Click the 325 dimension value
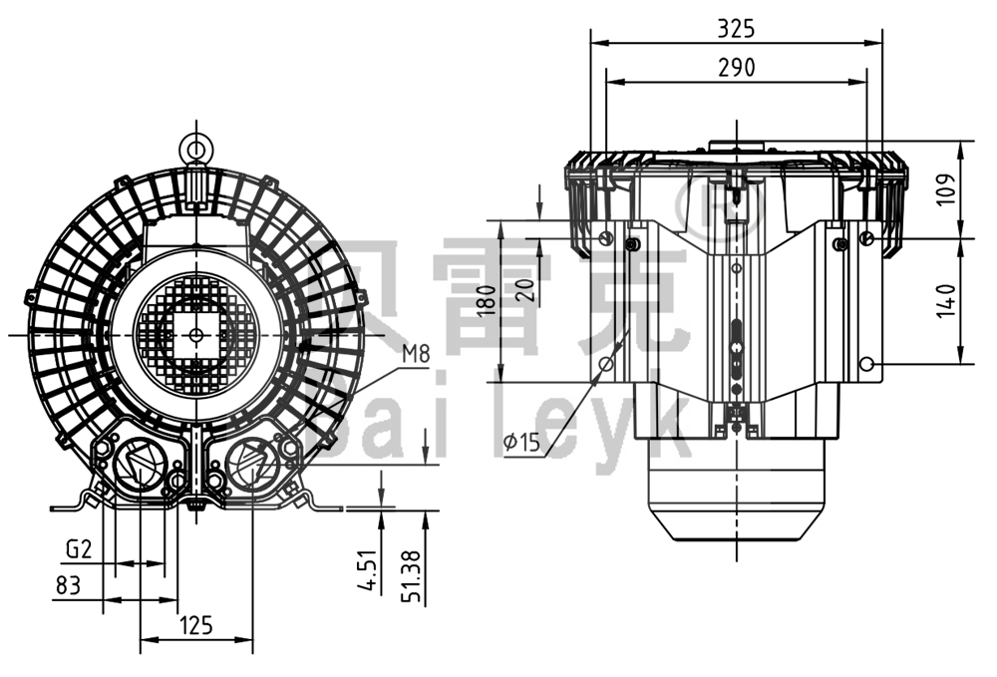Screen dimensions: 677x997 click(736, 29)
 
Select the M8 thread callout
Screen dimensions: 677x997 click(418, 353)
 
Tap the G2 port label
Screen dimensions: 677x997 click(79, 548)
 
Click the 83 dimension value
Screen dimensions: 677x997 click(68, 585)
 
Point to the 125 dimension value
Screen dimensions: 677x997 click(195, 625)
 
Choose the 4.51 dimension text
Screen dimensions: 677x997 click(368, 572)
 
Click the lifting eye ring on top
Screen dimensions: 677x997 click(195, 149)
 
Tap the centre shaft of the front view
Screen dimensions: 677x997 click(195, 334)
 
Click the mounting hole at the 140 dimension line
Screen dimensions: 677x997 click(867, 364)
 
